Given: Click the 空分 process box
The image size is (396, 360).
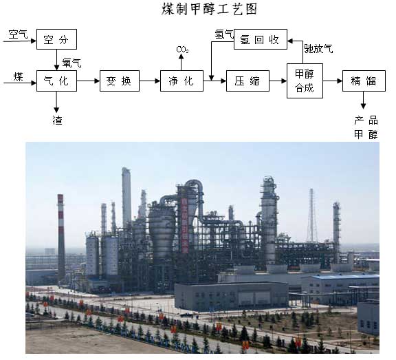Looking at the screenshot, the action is [x=56, y=39].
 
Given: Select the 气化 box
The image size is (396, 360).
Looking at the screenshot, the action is [x=56, y=81].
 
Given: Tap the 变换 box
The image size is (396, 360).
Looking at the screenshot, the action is [x=120, y=81].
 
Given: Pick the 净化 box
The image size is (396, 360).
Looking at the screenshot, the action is [x=181, y=81].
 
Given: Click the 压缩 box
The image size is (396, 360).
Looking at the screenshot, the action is [x=247, y=81].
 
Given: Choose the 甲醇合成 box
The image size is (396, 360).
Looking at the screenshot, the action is [x=305, y=81].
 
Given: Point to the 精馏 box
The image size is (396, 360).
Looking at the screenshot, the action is [x=364, y=81].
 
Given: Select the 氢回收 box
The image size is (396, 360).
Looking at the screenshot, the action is [x=261, y=39].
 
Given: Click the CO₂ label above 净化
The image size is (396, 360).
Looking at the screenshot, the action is [x=182, y=50].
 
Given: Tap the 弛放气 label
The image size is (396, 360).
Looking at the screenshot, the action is [x=318, y=49].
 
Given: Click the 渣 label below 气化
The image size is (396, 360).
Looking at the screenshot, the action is [x=57, y=120].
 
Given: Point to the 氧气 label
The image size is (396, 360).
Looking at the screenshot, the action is [x=71, y=63].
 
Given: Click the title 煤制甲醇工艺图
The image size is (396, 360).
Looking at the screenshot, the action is [x=209, y=10].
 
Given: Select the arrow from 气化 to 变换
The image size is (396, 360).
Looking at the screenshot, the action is [x=88, y=81].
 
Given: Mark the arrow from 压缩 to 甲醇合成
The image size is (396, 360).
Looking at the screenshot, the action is [x=278, y=81].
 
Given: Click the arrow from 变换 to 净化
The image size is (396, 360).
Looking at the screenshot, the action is [x=150, y=81].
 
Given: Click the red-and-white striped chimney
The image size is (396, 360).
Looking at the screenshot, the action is [x=61, y=237].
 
